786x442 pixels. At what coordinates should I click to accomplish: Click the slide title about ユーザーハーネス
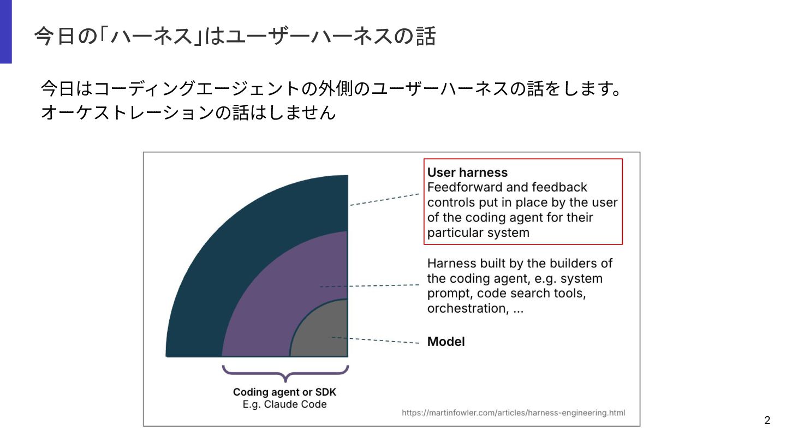[x=234, y=37]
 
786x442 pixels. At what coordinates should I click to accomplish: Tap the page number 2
[x=767, y=420]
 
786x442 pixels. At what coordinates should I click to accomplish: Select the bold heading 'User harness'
[x=467, y=172]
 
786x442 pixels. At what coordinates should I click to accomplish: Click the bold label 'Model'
[x=446, y=342]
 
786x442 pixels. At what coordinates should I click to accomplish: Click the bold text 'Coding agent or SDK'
[x=285, y=392]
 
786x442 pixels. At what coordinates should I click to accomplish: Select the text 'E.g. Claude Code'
[x=285, y=404]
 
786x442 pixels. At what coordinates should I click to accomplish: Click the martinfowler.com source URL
[x=513, y=413]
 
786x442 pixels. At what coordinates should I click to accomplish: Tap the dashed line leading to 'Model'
[x=382, y=341]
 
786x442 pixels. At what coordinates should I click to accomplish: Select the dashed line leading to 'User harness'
[x=384, y=199]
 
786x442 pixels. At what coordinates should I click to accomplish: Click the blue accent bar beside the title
[x=5, y=32]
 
